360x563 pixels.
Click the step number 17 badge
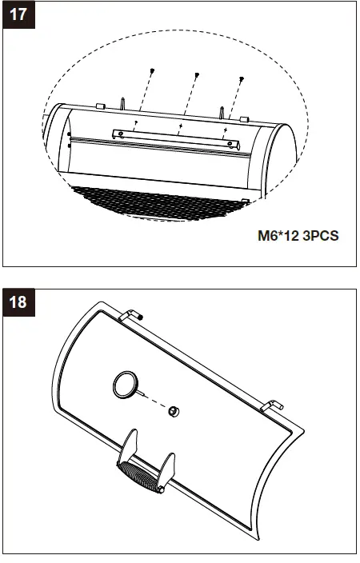(18, 14)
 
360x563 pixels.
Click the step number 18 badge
(18, 302)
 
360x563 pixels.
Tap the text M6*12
(278, 236)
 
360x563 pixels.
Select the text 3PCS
(321, 236)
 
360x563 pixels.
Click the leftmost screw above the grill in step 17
(152, 70)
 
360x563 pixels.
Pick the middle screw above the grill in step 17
(197, 74)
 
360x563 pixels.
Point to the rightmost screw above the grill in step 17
(242, 78)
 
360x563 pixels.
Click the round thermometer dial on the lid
(126, 385)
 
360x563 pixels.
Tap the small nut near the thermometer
(174, 411)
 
